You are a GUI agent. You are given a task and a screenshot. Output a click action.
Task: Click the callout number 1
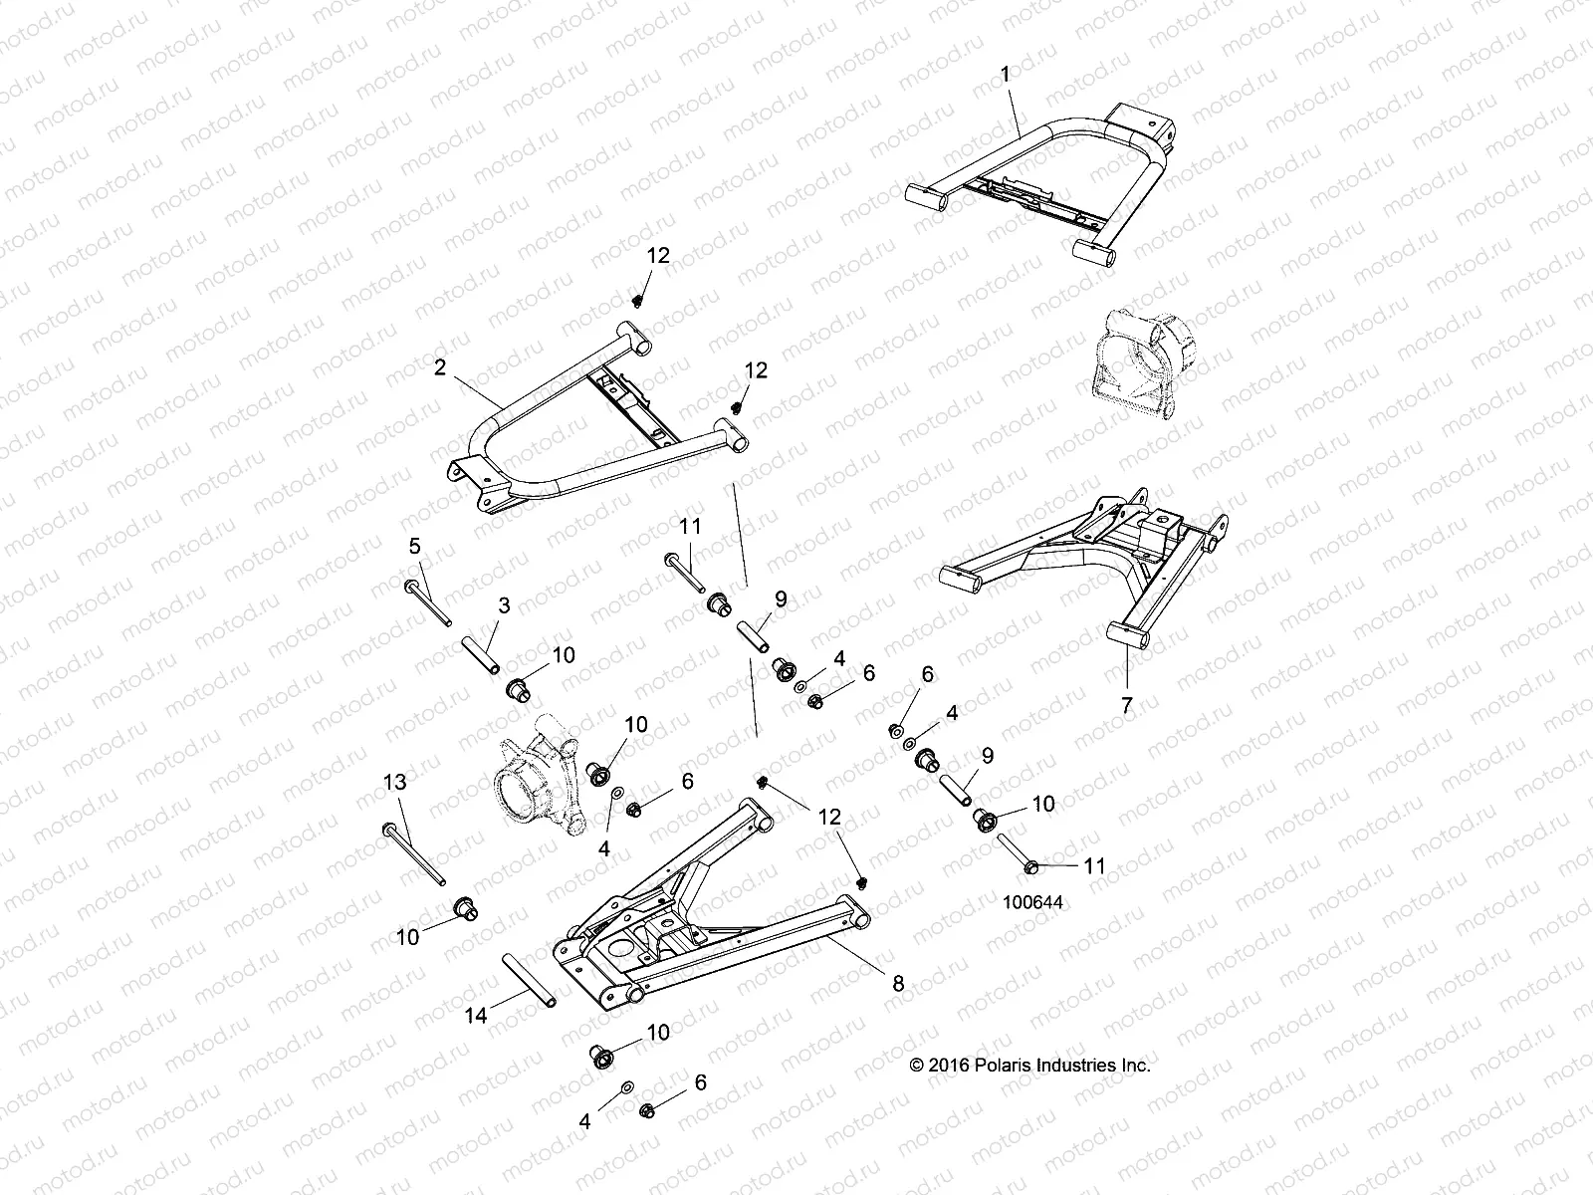coord(1005,74)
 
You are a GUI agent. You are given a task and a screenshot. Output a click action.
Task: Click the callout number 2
coord(439,367)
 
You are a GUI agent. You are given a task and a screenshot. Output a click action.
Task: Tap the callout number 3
coord(505,604)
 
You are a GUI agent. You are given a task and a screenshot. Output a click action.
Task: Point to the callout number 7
coord(1127,705)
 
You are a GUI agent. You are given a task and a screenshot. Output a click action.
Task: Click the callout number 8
coord(897,983)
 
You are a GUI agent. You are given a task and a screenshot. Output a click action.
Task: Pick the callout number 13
coord(396,783)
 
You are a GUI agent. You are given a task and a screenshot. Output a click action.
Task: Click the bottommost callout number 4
coord(584,1122)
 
